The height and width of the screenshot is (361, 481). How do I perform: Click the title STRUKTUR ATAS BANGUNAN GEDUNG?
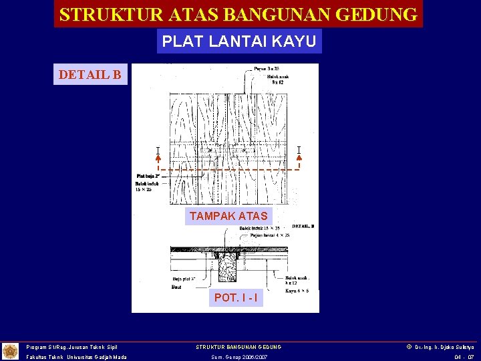click(238, 14)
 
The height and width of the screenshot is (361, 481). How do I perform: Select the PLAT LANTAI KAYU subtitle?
click(239, 41)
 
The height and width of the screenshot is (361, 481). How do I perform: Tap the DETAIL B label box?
click(90, 74)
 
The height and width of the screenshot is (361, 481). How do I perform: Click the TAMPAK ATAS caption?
click(228, 216)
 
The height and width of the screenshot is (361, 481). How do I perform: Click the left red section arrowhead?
click(158, 159)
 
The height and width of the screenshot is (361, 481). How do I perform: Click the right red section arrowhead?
click(299, 159)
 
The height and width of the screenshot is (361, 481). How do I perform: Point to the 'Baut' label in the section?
click(177, 286)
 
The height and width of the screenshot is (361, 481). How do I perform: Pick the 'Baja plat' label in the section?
click(184, 278)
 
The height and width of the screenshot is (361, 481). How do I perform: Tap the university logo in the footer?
click(11, 351)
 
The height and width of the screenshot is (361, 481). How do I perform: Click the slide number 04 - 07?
click(464, 357)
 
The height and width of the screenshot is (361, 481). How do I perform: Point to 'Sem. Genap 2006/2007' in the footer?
click(238, 357)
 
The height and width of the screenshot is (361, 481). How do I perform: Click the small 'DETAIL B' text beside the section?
click(303, 226)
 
